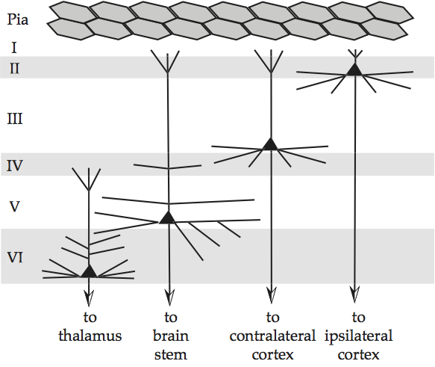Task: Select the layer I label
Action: click(13, 48)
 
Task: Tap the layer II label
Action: click(15, 69)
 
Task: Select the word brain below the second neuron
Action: click(169, 334)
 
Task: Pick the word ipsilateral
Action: click(358, 334)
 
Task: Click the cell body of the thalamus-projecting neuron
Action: click(89, 271)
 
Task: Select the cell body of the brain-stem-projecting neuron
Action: click(168, 218)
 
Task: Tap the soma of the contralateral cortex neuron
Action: click(270, 144)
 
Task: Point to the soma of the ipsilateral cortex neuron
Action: click(354, 69)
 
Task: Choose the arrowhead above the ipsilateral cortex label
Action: click(354, 294)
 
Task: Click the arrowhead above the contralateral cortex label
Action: click(270, 294)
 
